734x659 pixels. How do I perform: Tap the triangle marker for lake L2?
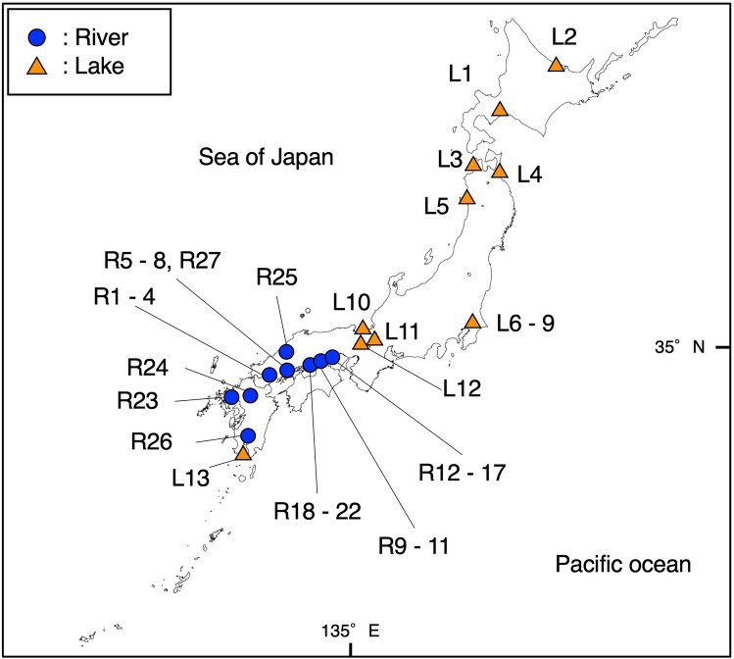click(x=556, y=65)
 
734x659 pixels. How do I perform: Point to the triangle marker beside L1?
click(x=500, y=110)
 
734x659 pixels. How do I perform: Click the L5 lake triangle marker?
click(x=466, y=198)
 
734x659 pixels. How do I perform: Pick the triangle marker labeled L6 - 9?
click(x=472, y=322)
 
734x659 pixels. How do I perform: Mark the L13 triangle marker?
click(x=243, y=453)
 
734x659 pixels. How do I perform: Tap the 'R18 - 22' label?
click(x=318, y=510)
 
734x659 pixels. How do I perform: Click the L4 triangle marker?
click(x=499, y=172)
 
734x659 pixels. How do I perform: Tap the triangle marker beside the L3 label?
click(x=473, y=165)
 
